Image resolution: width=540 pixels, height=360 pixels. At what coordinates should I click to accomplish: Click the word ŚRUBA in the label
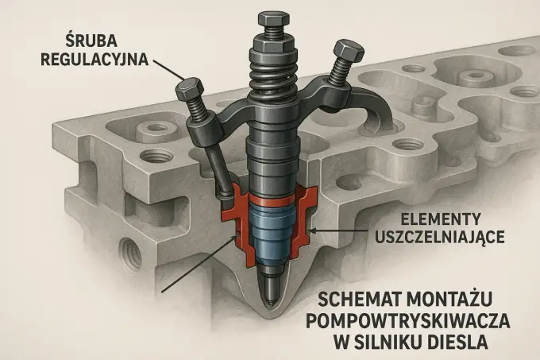tap(91, 41)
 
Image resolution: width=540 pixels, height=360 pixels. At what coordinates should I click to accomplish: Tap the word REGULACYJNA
tap(94, 60)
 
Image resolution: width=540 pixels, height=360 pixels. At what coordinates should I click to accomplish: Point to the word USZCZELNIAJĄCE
tap(440, 237)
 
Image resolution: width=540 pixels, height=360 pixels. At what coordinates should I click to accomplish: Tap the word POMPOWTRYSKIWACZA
tap(408, 321)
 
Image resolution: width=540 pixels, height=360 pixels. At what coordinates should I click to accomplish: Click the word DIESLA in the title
tap(458, 343)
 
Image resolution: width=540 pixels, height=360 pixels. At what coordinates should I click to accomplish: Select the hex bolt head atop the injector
tap(272, 20)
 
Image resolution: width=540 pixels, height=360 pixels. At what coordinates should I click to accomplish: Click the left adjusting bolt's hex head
tap(188, 89)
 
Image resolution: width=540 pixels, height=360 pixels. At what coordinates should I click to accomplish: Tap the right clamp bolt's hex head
tap(349, 49)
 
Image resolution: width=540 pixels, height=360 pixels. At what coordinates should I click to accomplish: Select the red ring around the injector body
tap(272, 199)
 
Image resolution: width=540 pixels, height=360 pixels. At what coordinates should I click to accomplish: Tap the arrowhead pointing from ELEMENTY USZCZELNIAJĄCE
tap(312, 230)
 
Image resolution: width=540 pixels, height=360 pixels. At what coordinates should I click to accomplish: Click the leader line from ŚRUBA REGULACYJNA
tap(168, 70)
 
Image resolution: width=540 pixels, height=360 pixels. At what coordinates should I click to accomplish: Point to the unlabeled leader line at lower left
tap(199, 264)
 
